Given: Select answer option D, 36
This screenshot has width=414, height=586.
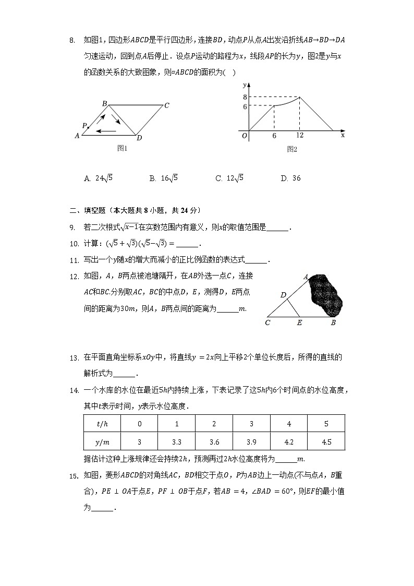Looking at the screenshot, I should point(290,178).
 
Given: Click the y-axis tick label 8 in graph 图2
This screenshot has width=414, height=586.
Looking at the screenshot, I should point(243,97).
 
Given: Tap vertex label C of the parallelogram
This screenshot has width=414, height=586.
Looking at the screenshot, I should point(166,106).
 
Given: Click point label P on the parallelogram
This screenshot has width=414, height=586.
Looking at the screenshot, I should point(84,126).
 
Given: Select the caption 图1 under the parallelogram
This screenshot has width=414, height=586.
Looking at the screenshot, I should point(122,149).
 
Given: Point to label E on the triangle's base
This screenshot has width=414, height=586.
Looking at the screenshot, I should point(299,323).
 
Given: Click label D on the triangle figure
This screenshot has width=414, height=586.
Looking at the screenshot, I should point(283,295).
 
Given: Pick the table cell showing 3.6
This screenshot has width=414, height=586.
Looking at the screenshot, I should point(214,442).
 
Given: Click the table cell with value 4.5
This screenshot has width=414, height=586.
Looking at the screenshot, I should point(326,442).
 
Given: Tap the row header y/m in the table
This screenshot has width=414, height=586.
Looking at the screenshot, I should point(103,442).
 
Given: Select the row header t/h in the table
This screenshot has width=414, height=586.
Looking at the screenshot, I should point(103,424).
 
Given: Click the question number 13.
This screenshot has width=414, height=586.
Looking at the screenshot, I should point(74,358).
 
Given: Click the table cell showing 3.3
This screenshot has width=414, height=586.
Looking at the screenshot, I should point(177,442).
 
